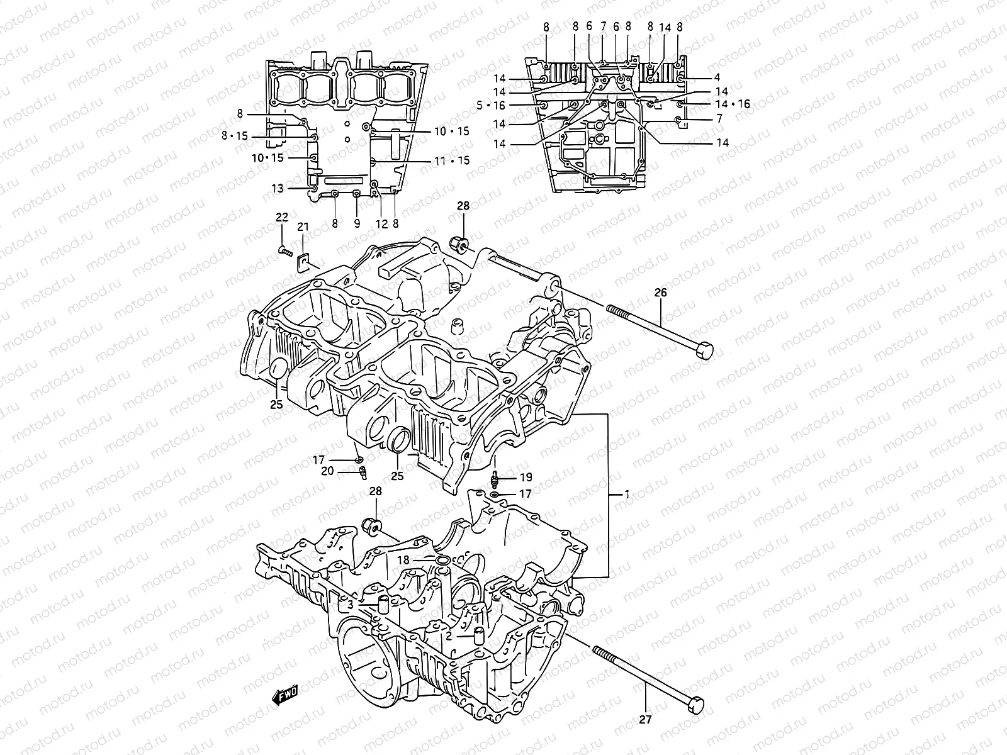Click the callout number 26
pos(660,293)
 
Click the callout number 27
pos(646,719)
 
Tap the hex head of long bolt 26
pos(704,349)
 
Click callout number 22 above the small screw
pos(281,217)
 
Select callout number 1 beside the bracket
pos(627,495)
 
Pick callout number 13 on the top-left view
pos(278,188)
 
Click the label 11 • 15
pos(452,161)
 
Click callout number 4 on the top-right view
pos(716,78)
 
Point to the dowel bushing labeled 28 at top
pos(460,243)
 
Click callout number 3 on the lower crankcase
pos(349,605)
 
